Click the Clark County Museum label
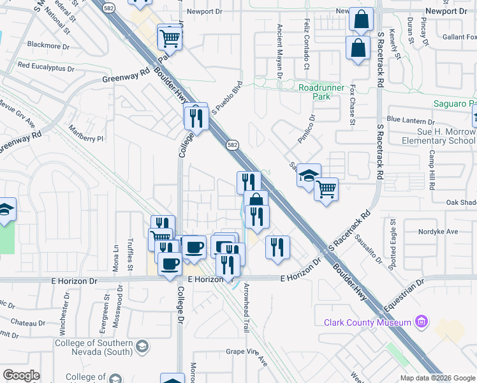click(x=367, y=322)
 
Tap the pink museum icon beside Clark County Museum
click(x=421, y=321)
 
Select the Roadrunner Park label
click(x=321, y=92)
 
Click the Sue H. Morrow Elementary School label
click(x=439, y=136)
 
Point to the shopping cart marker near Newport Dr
click(x=170, y=38)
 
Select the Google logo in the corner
click(x=21, y=375)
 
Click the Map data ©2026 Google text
click(x=437, y=378)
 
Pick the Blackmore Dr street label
click(x=48, y=46)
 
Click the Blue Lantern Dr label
click(x=410, y=120)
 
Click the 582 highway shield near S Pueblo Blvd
click(x=231, y=146)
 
